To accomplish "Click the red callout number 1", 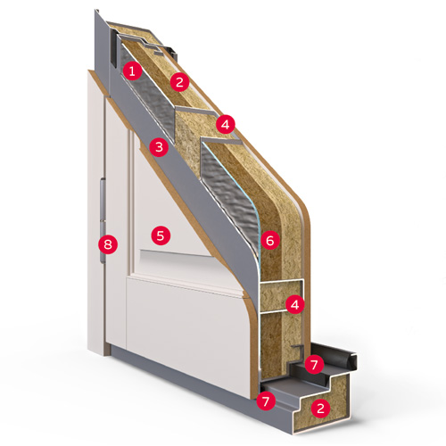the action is pos(132,70).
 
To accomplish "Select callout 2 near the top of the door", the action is pos(179,82).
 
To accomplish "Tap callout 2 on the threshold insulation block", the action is pos(320,408).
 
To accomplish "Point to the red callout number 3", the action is pos(159,147).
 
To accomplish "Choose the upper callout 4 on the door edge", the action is pos(226,124).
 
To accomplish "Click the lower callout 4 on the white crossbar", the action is pos(295,304).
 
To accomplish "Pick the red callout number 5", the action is pos(161,235).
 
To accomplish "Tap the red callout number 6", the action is pos(270,240).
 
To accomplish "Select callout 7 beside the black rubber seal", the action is pos(314,364).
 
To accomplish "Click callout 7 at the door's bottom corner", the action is pos(266,401).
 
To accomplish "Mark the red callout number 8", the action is pos(108,244).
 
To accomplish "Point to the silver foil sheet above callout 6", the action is pos(229,194).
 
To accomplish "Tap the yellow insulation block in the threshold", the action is pos(323,404).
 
